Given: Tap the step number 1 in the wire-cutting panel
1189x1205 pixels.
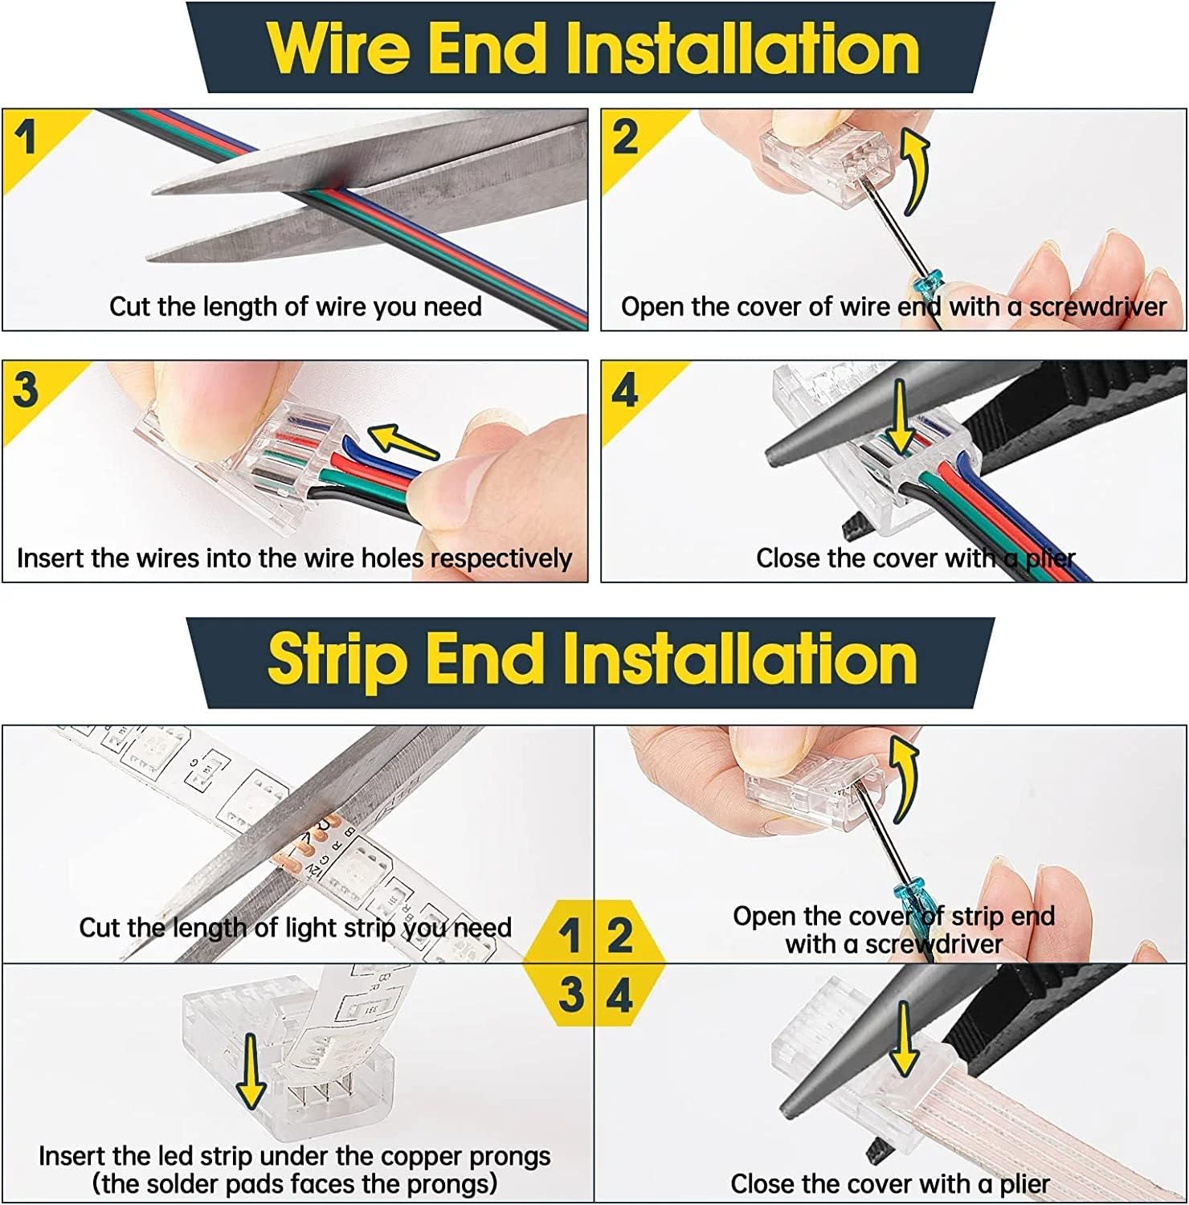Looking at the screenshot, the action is (x=27, y=137).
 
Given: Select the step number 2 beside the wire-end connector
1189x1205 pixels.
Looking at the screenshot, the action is (x=625, y=137).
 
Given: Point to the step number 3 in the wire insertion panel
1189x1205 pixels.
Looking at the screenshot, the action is (x=26, y=390).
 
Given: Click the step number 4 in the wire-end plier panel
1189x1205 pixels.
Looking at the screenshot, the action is (x=625, y=390).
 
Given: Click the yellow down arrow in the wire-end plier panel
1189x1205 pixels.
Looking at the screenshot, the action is (x=901, y=418).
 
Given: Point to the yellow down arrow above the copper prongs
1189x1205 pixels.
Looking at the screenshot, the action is (x=251, y=1071).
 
